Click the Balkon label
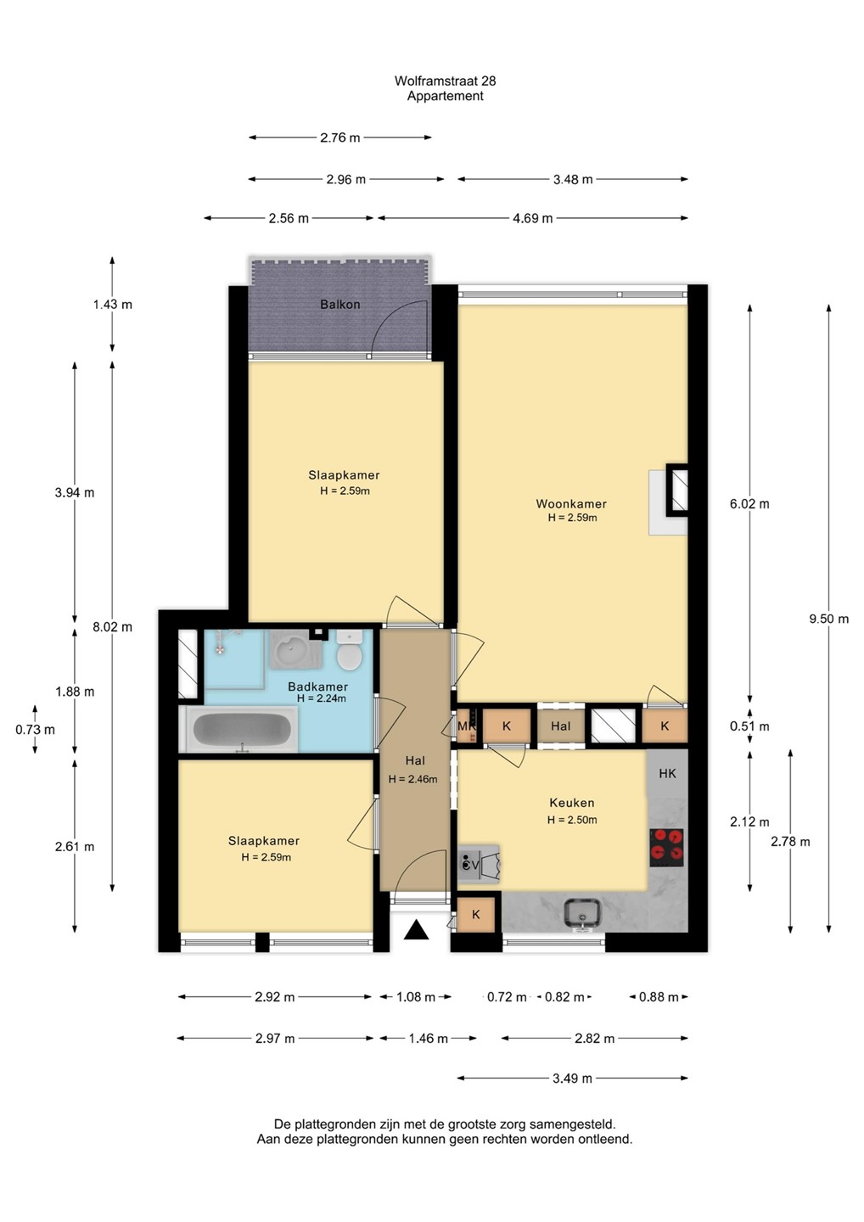[339, 305]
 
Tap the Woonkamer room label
[571, 503]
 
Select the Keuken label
[572, 803]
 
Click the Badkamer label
[317, 687]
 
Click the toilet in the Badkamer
[350, 650]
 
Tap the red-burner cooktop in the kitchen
[666, 847]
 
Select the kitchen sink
[582, 913]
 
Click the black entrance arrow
[416, 929]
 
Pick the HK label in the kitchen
[667, 773]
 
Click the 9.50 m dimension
[829, 619]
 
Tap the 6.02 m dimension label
[749, 503]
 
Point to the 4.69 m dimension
[532, 218]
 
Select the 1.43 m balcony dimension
[112, 305]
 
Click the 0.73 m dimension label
[35, 730]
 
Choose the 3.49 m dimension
[572, 1079]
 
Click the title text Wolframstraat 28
[445, 81]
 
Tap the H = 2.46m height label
[413, 779]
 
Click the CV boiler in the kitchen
[478, 864]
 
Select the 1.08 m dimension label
[416, 997]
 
